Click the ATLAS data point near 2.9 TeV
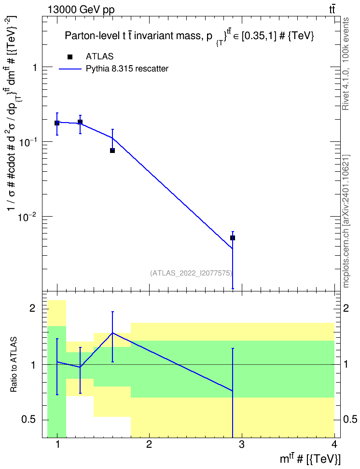[233, 238]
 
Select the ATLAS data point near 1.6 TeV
[112, 151]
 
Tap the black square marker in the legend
[70, 57]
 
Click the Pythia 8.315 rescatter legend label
[127, 69]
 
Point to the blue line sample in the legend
[70, 69]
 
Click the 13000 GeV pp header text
[81, 10]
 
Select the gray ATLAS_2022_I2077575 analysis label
[191, 273]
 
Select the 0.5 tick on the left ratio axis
[29, 419]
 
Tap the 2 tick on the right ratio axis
[346, 308]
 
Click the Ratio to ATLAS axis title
[14, 365]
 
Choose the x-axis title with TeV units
[310, 459]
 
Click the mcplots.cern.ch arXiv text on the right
[346, 221]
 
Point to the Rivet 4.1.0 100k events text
[346, 64]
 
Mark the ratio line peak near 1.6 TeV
[112, 332]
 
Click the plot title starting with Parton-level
[190, 36]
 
